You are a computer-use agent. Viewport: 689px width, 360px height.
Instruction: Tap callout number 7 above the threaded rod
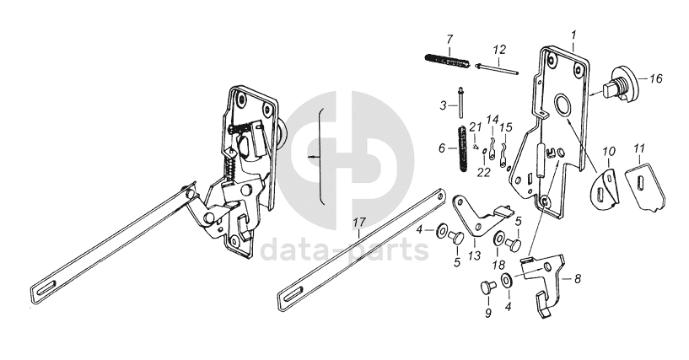point(449,40)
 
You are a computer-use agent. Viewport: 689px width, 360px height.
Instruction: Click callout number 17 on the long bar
point(358,223)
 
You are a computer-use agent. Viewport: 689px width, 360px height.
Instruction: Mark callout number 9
point(487,314)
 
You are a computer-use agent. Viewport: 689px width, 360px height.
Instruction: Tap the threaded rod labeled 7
point(445,61)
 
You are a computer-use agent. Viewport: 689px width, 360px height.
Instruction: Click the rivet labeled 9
point(486,288)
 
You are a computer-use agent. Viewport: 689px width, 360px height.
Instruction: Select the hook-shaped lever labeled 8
point(543,282)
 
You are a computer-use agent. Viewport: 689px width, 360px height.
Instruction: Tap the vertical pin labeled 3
point(462,105)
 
